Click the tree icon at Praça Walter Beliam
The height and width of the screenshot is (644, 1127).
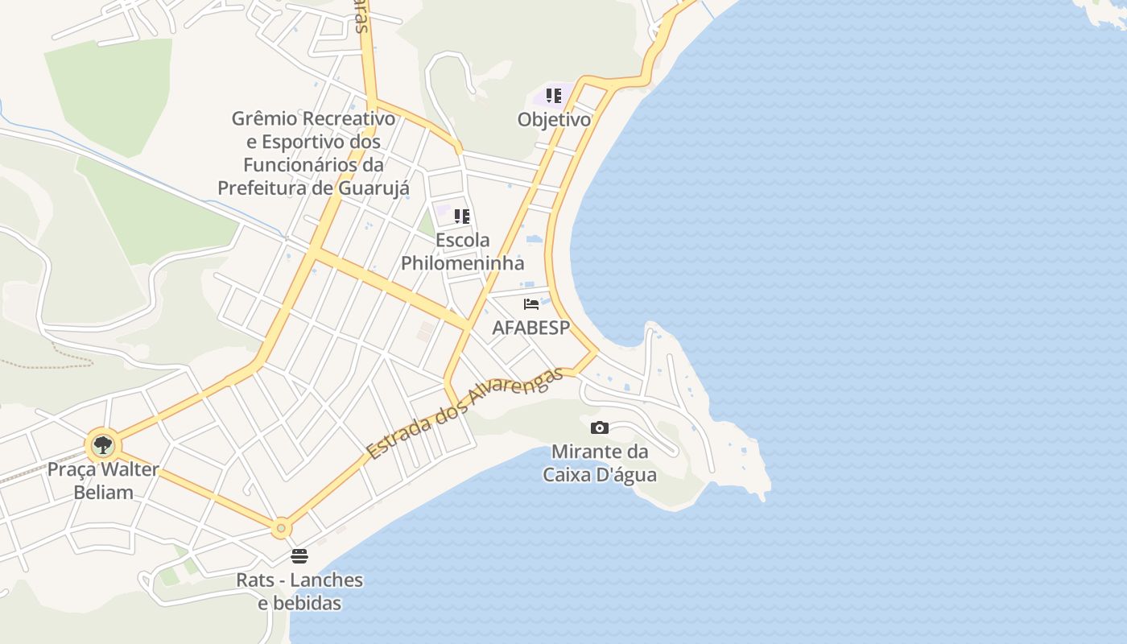coord(102,444)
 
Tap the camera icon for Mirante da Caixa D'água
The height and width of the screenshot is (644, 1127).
coord(600,427)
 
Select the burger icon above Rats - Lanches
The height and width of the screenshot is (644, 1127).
coord(299,556)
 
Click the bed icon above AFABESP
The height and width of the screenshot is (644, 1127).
coord(531,304)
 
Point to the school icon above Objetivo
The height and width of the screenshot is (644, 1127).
coord(554,96)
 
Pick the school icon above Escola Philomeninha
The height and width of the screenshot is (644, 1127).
coord(462,216)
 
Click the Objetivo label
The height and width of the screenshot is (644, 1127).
coord(554,120)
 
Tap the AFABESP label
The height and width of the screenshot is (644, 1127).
coord(530,328)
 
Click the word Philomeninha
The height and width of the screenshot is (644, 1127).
coord(462,263)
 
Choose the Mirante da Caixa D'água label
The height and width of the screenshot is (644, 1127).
coord(600,463)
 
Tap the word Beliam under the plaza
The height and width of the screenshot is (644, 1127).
coord(104,492)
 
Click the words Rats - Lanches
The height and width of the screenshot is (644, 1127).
coord(299,580)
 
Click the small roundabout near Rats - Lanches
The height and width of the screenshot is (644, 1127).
coord(281,528)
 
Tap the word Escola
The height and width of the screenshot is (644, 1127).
coord(462,240)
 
